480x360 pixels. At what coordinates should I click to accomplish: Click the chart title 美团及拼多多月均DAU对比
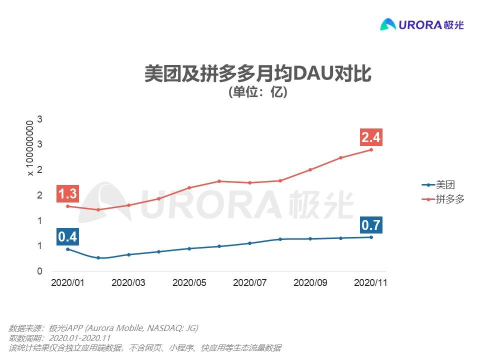click(257, 73)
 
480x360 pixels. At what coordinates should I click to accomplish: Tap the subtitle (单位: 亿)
click(257, 92)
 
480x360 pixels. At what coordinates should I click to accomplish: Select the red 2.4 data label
click(371, 137)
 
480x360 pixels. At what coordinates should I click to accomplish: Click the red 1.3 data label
click(67, 194)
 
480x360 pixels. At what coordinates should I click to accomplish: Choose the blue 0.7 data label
click(370, 225)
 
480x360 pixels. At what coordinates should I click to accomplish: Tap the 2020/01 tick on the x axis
click(67, 282)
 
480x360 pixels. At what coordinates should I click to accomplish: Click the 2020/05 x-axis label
click(189, 282)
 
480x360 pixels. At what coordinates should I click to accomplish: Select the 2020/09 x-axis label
click(310, 282)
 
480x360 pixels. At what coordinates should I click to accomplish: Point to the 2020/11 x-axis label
click(370, 282)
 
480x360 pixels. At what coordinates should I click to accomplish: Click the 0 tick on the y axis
click(40, 271)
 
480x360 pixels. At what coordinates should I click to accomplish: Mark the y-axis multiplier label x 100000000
click(30, 147)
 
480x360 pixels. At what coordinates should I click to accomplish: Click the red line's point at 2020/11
click(371, 149)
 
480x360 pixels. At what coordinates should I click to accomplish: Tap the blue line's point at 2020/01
click(67, 249)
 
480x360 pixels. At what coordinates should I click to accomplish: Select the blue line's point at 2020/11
click(371, 237)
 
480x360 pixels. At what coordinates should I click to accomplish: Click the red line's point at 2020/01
click(67, 206)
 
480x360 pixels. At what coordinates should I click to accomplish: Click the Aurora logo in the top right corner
click(422, 24)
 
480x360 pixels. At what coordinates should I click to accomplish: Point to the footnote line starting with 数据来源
click(103, 328)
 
